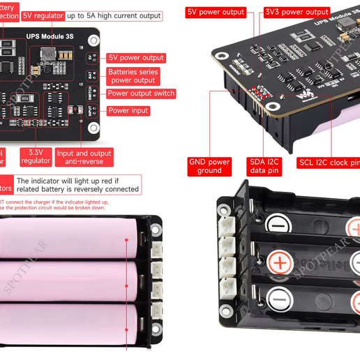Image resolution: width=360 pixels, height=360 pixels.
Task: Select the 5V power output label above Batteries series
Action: coord(136,58)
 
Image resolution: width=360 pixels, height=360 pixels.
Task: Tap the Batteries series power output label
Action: coord(133,76)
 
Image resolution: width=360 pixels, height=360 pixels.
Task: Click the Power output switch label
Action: coord(141,93)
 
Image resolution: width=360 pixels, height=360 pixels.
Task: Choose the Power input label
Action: coord(128,110)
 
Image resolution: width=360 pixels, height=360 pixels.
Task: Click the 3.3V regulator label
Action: coord(35,156)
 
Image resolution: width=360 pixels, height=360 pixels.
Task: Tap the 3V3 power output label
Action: coord(297,12)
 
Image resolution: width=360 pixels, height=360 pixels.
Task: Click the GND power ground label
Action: coord(209,166)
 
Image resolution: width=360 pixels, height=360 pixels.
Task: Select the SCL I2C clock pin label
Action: coord(329,163)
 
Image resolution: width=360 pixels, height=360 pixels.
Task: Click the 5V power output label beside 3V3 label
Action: coord(216,12)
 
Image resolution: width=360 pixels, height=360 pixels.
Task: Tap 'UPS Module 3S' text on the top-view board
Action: coord(49,34)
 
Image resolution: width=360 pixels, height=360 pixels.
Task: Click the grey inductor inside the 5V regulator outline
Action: coord(48,54)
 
